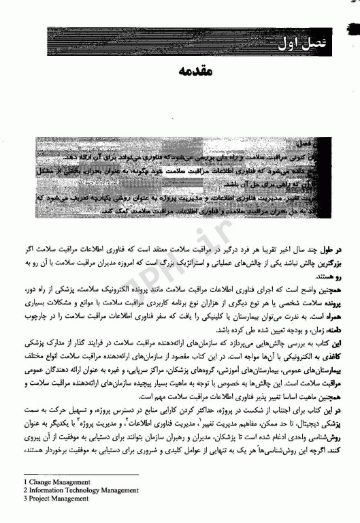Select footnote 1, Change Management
coord(54,481)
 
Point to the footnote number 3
coord(24,498)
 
